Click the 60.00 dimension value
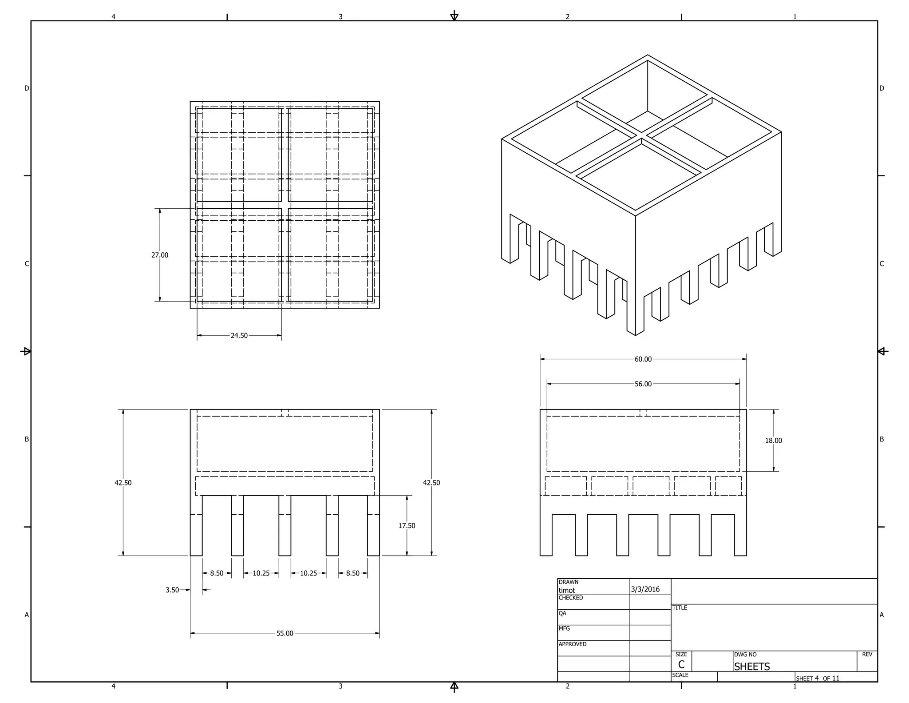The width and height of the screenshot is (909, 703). [643, 359]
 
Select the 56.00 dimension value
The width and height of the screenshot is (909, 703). [643, 384]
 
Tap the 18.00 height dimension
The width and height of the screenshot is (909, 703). [773, 441]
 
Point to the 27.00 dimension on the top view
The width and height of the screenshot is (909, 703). [160, 255]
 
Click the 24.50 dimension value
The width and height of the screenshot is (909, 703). [239, 335]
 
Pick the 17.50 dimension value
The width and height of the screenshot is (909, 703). [407, 526]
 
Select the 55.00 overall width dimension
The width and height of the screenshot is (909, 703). [285, 633]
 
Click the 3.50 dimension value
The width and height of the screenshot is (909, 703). [172, 590]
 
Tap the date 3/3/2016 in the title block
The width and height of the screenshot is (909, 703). [645, 589]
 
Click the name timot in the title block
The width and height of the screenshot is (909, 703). [567, 590]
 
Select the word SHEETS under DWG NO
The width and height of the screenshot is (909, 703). [751, 667]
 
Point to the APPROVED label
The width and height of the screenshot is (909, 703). [572, 644]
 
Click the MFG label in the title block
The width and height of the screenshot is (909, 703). [564, 628]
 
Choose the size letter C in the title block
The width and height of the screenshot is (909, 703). [681, 665]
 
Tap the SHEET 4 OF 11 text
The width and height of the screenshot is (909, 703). [818, 678]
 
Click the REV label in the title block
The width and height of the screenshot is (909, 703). [867, 654]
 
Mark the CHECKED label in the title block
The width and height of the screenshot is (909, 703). [570, 598]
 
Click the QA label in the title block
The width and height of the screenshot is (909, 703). [562, 613]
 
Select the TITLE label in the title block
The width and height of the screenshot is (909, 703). [680, 608]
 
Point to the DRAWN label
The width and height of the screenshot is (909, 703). [568, 582]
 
